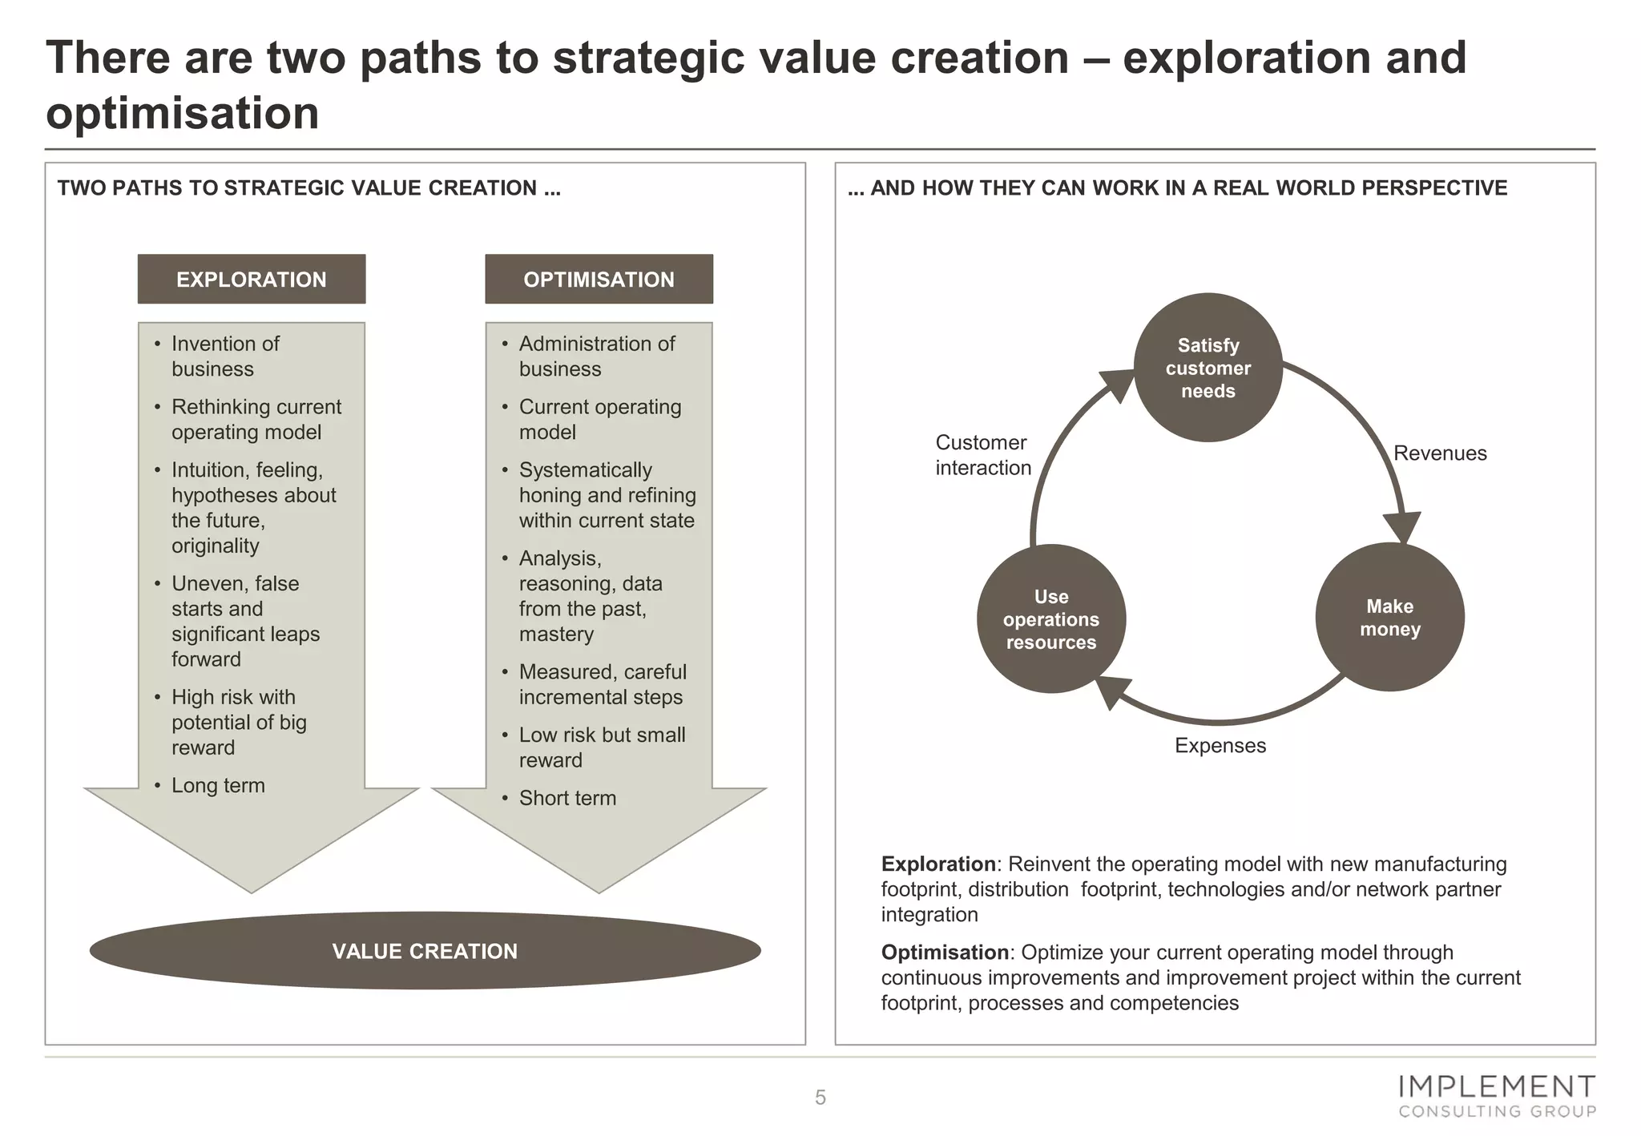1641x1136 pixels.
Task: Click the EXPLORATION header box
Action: coord(251,279)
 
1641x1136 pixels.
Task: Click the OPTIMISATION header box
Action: coord(599,279)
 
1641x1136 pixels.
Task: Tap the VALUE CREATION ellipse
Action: coord(425,950)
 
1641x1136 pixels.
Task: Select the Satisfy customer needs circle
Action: coord(1208,368)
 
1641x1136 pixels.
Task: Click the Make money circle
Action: coord(1389,617)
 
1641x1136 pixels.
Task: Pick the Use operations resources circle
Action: coord(1050,618)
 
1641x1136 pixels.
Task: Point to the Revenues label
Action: coord(1440,453)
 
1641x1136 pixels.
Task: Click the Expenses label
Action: coord(1220,746)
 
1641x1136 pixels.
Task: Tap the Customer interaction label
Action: coord(982,455)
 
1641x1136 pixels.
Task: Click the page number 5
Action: coord(820,1098)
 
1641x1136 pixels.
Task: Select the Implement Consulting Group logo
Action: coord(1497,1096)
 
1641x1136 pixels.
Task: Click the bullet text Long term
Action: coord(218,785)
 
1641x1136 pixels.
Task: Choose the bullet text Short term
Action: coord(567,798)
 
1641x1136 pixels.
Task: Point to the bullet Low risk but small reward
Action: coord(601,747)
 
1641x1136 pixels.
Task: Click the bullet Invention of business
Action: coord(225,357)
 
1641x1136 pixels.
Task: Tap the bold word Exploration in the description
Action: coord(937,864)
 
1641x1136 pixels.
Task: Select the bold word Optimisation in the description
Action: coord(944,953)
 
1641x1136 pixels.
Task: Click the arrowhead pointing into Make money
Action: coord(1402,528)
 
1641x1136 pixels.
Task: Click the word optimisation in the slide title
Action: coord(183,113)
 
